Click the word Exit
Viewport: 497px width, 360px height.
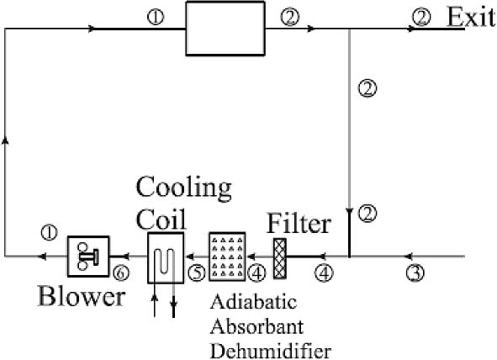coord(471,17)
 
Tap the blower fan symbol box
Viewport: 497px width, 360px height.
coord(88,257)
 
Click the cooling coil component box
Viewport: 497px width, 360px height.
coord(166,257)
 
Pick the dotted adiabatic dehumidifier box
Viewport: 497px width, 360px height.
coord(227,257)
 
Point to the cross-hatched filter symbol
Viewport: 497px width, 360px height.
coord(280,258)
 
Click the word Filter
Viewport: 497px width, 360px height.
coord(299,224)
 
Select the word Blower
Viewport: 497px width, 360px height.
coord(82,296)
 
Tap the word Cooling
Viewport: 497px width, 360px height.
coord(184,188)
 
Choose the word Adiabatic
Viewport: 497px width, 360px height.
coord(254,301)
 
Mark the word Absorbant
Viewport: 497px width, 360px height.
coord(257,326)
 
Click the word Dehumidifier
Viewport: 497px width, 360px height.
coord(271,351)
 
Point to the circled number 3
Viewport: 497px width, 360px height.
coord(415,273)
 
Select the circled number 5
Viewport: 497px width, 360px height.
coord(197,273)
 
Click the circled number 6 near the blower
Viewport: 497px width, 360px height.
coord(121,273)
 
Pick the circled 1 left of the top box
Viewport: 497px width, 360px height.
coord(156,17)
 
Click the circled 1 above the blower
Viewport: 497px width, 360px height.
coord(49,233)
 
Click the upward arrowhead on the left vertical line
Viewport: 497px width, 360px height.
coord(5,141)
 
